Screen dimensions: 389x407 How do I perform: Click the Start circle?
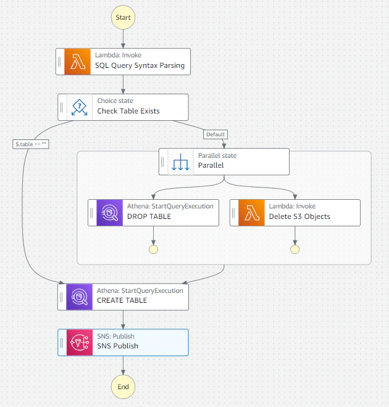[x=123, y=17]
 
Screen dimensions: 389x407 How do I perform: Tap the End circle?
[x=123, y=387]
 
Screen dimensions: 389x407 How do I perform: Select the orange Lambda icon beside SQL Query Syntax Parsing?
[x=77, y=62]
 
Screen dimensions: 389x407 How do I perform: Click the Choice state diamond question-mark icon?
[x=79, y=107]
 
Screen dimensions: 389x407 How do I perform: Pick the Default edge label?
[x=215, y=134]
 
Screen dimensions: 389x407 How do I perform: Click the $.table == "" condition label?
[x=31, y=144]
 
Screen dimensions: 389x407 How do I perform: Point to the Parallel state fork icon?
[x=180, y=162]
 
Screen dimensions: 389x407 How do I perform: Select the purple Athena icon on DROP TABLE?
[x=110, y=213]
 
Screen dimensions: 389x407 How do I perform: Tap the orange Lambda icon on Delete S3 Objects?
[x=251, y=213]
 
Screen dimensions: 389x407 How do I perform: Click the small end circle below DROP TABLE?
[x=153, y=250]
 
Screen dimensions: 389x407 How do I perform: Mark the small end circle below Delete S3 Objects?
[x=295, y=250]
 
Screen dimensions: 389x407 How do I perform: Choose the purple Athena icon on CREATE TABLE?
[x=79, y=297]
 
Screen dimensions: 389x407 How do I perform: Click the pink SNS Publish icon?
[x=80, y=342]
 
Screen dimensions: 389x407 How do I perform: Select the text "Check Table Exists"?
[x=128, y=111]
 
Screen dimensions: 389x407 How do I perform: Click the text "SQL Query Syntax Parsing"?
[x=140, y=65]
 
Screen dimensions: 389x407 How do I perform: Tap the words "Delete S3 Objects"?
[x=299, y=216]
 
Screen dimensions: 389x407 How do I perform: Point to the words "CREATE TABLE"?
[x=122, y=300]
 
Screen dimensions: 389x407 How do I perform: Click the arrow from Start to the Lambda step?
[x=123, y=39]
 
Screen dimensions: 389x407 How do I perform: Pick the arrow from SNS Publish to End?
[x=123, y=366]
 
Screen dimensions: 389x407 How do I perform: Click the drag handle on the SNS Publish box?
[x=62, y=342]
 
